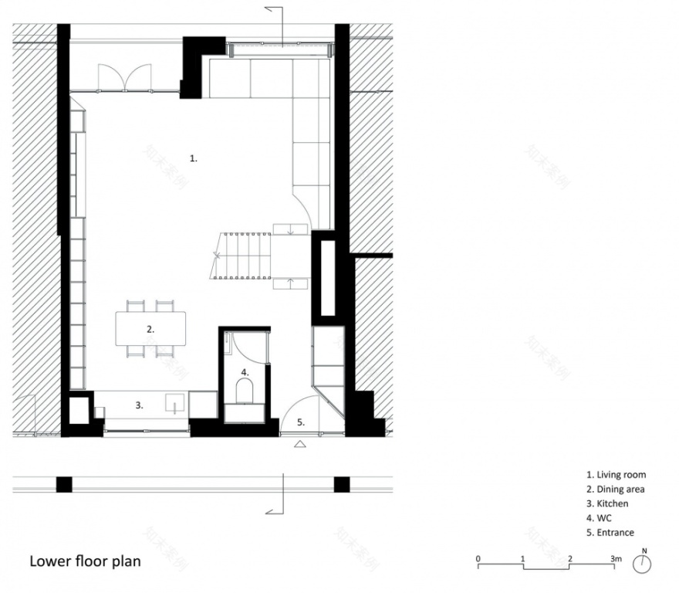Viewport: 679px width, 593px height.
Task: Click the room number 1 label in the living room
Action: click(x=194, y=158)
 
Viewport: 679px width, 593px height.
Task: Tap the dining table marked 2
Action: click(x=151, y=329)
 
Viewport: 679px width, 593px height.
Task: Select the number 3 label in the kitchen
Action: click(x=140, y=404)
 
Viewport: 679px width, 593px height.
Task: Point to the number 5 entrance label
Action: click(x=302, y=422)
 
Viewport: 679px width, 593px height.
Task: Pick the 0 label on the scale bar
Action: click(x=478, y=557)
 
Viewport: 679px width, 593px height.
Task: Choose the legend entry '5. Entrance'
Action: click(x=610, y=533)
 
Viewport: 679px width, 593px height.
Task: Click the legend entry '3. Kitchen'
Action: click(x=607, y=503)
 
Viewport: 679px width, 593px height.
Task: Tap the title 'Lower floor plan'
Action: click(x=85, y=561)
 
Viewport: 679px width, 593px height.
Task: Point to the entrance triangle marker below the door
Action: click(x=301, y=444)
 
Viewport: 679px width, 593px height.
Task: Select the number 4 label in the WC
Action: click(x=245, y=371)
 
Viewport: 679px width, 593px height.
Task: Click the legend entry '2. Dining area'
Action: click(x=615, y=490)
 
